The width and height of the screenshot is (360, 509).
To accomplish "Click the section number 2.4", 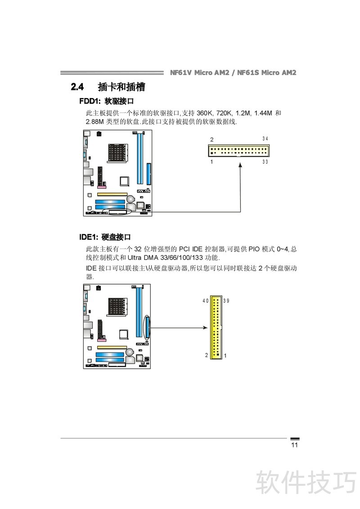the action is [77, 87].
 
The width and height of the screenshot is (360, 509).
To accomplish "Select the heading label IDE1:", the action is [88, 237].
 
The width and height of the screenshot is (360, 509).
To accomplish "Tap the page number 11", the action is [294, 445].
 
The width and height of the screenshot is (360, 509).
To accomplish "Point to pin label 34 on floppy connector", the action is [265, 138].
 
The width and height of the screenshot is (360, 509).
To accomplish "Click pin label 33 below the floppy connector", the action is [265, 162].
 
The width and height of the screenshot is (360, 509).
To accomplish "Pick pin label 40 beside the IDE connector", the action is [205, 301].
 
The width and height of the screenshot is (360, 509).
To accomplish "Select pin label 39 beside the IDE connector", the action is [226, 301].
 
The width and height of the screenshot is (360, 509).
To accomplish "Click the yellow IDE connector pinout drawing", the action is [216, 327].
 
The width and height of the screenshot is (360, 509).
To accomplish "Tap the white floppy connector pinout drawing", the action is [238, 151].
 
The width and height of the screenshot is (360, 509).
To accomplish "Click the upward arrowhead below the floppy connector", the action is [240, 165].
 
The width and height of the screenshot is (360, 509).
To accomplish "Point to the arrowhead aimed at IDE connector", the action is [205, 327].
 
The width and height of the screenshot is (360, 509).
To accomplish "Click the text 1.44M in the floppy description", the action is [263, 113].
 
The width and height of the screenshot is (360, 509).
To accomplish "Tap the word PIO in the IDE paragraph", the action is [254, 249].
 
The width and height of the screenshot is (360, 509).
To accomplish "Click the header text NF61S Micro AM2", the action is [267, 73].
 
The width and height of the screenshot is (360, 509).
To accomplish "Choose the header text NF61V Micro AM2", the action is [199, 73].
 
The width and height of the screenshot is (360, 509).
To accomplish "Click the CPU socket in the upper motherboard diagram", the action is [117, 152].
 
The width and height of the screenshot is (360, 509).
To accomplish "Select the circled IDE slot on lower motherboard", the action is [149, 327].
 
